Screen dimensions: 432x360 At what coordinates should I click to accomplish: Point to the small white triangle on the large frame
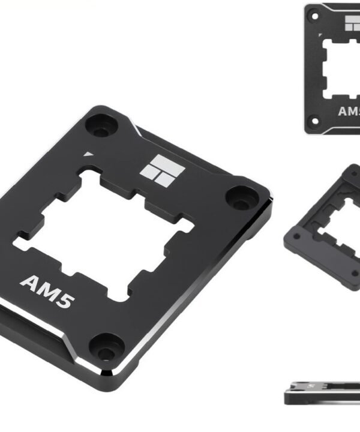tap(88, 154)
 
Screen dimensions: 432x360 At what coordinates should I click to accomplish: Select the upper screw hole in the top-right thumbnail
tap(314, 17)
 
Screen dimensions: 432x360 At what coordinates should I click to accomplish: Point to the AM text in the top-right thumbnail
tap(349, 111)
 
